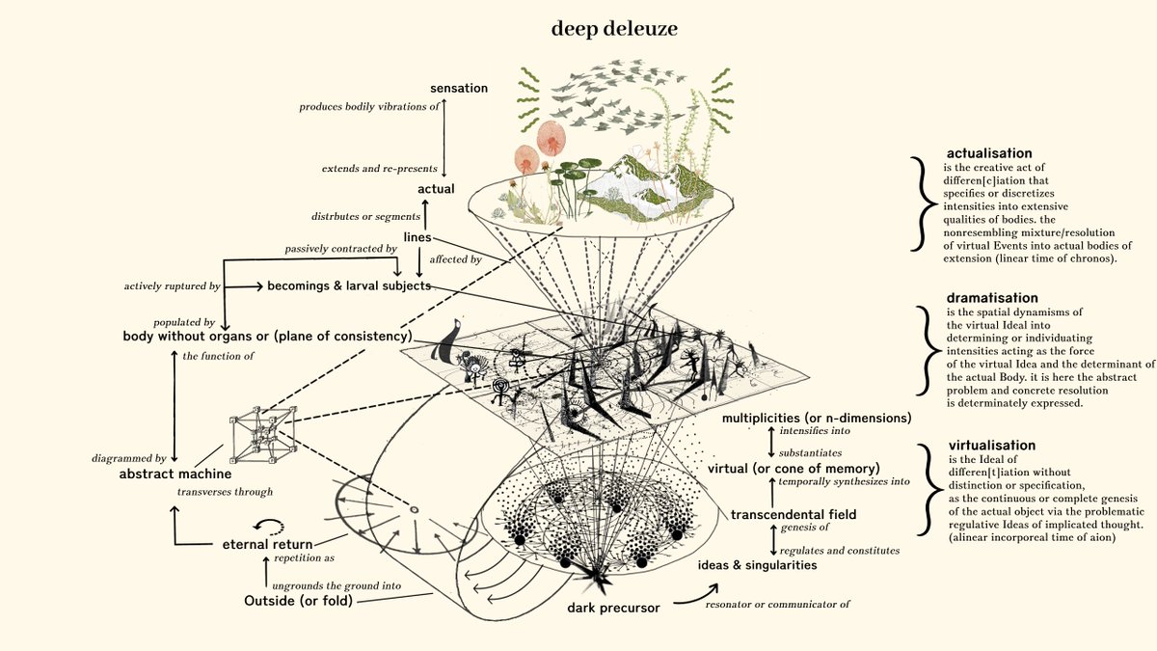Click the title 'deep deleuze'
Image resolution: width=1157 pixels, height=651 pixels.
614,28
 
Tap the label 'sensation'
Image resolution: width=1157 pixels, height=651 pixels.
459,89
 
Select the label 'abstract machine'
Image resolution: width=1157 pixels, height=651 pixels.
175,474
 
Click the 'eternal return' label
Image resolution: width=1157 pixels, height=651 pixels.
268,544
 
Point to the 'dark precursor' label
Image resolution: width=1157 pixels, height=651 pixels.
613,608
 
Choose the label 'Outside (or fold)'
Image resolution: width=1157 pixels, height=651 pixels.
298,601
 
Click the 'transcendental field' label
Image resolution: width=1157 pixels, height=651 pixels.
794,514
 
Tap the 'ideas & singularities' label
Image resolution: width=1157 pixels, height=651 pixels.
757,565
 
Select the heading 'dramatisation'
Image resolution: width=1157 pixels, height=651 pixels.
992,298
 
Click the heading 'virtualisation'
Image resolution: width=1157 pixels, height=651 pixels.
992,445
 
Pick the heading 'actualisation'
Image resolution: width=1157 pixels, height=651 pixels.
989,153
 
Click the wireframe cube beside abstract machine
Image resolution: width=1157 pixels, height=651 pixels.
263,435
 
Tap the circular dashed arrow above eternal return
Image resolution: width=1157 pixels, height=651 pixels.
269,526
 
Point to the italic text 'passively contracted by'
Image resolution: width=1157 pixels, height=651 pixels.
341,249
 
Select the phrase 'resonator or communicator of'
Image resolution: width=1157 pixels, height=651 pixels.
777,604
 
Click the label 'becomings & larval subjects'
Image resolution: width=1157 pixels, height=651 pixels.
349,285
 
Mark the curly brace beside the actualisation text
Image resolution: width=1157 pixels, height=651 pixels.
923,204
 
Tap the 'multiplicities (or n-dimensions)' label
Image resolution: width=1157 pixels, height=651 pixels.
817,418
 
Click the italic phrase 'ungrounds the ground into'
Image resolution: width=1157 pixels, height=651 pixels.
336,586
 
